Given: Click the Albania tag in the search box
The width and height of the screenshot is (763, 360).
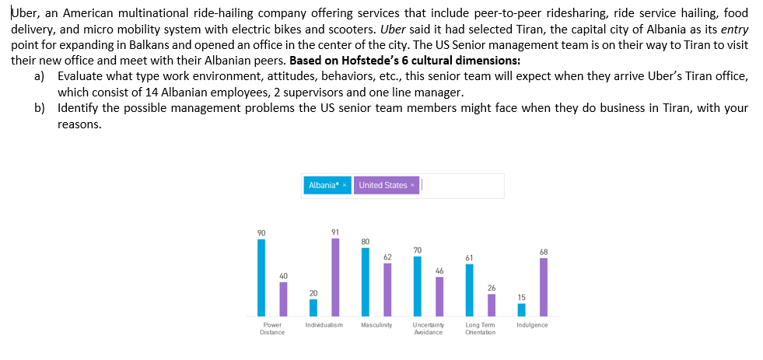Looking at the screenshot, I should pyautogui.click(x=326, y=185).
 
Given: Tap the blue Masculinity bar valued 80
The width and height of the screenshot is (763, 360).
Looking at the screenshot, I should pyautogui.click(x=365, y=282).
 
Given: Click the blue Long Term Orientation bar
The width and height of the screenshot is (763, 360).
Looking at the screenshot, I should pyautogui.click(x=469, y=290).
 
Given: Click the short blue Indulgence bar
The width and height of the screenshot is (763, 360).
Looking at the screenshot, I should pyautogui.click(x=521, y=309).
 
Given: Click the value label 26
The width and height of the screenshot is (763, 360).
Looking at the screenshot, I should pyautogui.click(x=491, y=288).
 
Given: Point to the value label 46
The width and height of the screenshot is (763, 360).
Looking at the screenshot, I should pyautogui.click(x=439, y=271).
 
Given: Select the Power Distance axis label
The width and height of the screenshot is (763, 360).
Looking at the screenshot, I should pyautogui.click(x=272, y=328).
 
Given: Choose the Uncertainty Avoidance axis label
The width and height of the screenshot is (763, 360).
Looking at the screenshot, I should pyautogui.click(x=428, y=328).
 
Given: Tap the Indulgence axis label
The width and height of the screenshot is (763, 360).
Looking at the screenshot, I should pyautogui.click(x=532, y=324).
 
